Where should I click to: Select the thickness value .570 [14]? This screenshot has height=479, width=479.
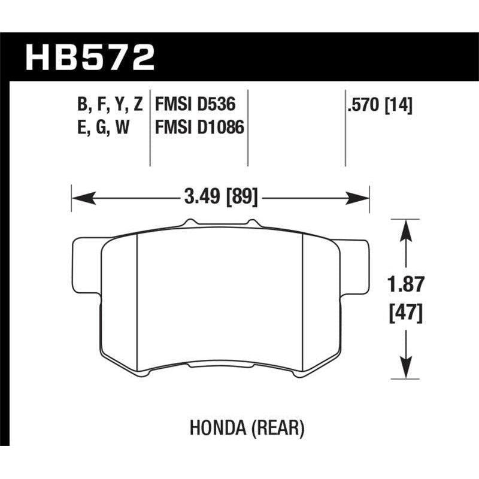click(379, 106)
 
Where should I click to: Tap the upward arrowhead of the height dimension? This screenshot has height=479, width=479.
click(407, 226)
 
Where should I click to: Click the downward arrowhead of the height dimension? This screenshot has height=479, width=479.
click(407, 372)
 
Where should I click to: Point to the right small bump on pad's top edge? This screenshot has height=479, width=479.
click(256, 223)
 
